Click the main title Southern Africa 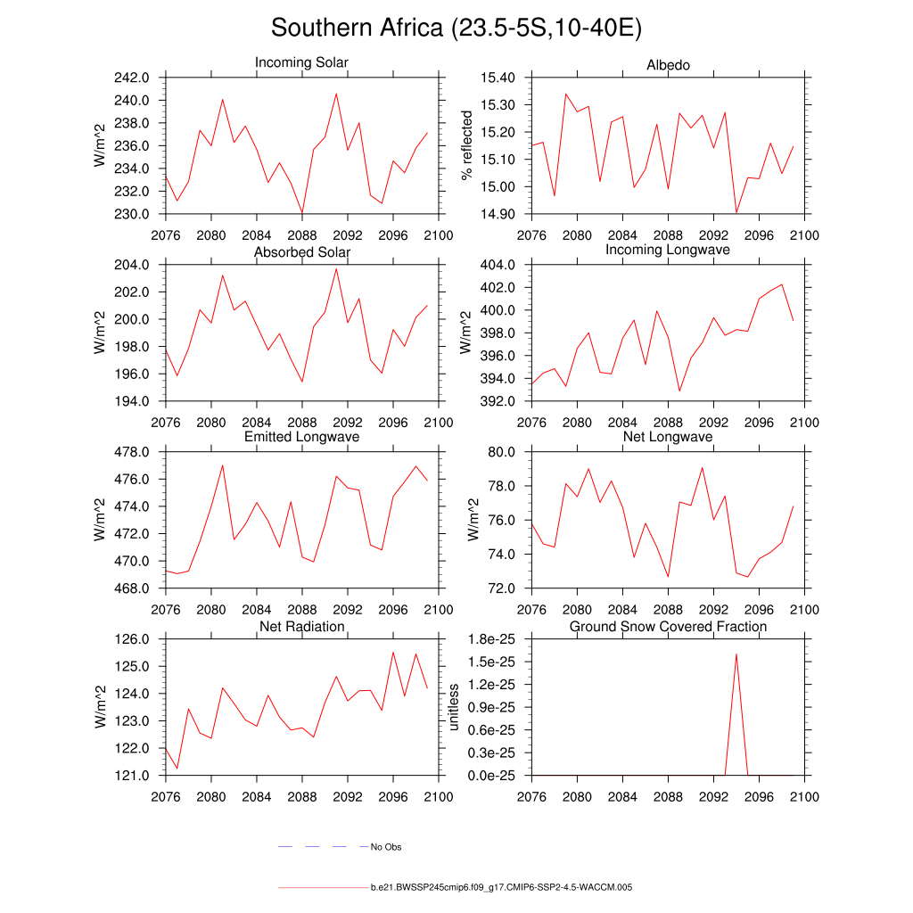coord(456,28)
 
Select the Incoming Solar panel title coord(301,63)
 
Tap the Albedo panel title coord(668,65)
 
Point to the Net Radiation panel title coord(301,627)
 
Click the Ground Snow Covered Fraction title coord(668,627)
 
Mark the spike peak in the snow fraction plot coord(736,654)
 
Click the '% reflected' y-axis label coord(465,145)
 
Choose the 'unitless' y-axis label coord(454,707)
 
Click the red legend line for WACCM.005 coord(322,888)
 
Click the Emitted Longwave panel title coord(301,437)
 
